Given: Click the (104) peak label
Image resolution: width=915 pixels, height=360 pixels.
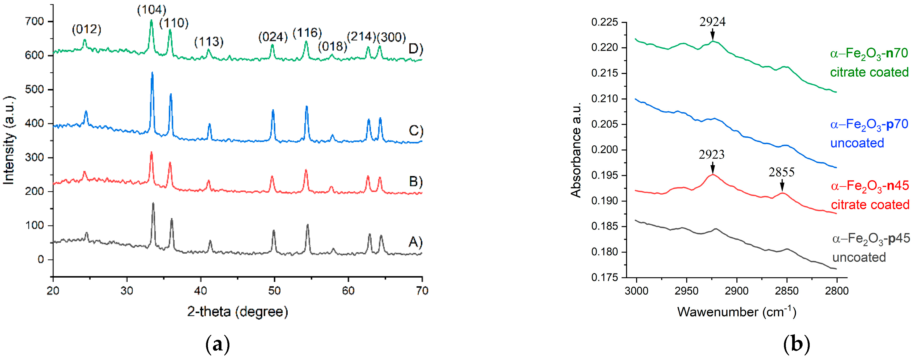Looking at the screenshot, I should pyautogui.click(x=152, y=10).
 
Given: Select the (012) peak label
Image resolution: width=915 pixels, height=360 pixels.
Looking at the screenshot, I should pyautogui.click(x=86, y=29).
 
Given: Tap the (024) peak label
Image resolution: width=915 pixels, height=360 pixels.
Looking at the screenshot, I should pyautogui.click(x=272, y=37).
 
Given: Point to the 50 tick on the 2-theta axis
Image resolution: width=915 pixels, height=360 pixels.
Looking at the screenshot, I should pyautogui.click(x=274, y=291).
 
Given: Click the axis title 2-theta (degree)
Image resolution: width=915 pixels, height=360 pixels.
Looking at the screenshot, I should pyautogui.click(x=237, y=312).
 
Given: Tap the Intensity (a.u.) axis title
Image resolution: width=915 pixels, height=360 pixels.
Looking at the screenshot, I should pyautogui.click(x=9, y=140).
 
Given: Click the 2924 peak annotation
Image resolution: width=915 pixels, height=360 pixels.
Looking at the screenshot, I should pyautogui.click(x=712, y=22).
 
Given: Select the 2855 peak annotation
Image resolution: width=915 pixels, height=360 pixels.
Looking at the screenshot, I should pyautogui.click(x=782, y=172).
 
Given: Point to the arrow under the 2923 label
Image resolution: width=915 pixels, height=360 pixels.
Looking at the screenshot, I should pyautogui.click(x=712, y=168).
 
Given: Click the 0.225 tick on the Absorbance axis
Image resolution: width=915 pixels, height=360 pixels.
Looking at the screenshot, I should pyautogui.click(x=604, y=22).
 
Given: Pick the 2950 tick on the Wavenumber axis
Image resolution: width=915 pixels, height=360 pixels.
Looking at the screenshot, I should pyautogui.click(x=686, y=291).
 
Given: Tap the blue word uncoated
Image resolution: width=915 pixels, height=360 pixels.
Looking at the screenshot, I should pyautogui.click(x=857, y=143).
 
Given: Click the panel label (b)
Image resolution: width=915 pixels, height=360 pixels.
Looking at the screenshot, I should pyautogui.click(x=796, y=344).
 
